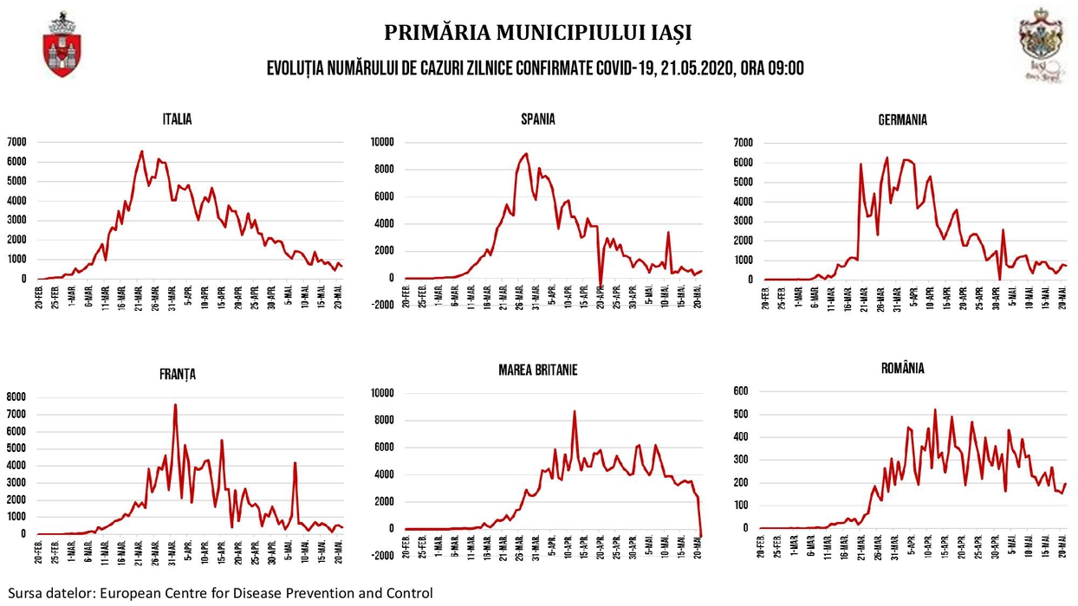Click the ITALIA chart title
[177, 119]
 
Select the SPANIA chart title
[537, 119]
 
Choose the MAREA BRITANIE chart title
[537, 370]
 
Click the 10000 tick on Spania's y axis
[382, 142]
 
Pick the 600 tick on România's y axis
[743, 391]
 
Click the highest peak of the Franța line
[175, 404]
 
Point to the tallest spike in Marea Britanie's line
[574, 411]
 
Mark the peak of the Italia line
[141, 151]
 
